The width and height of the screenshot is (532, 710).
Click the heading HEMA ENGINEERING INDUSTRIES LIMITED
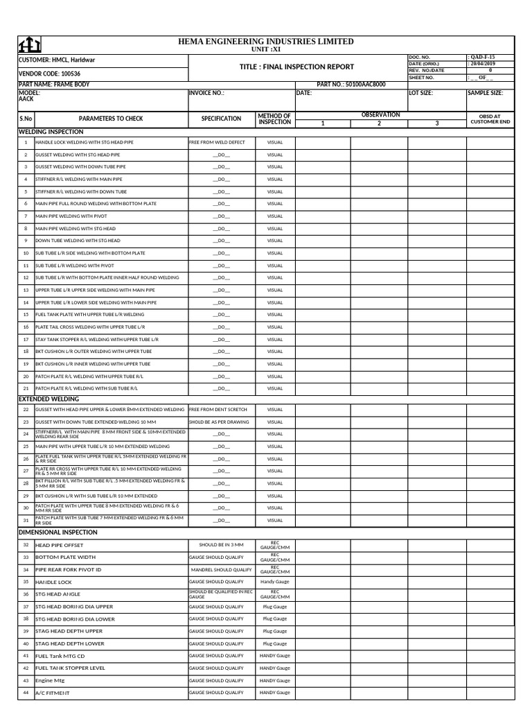point(266,42)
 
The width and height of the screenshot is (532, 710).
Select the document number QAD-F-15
point(482,57)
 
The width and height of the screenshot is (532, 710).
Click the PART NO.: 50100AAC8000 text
point(351,85)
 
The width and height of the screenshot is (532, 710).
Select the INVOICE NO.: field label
point(206,92)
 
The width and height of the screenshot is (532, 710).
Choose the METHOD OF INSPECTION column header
point(275,119)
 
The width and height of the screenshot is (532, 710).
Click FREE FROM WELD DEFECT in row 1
point(217,142)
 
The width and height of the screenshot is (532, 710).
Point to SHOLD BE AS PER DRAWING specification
point(219,422)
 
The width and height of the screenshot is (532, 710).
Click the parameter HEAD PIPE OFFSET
point(59,546)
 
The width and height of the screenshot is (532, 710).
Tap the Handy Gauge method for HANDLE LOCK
point(275,582)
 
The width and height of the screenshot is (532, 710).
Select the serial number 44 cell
point(26,693)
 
